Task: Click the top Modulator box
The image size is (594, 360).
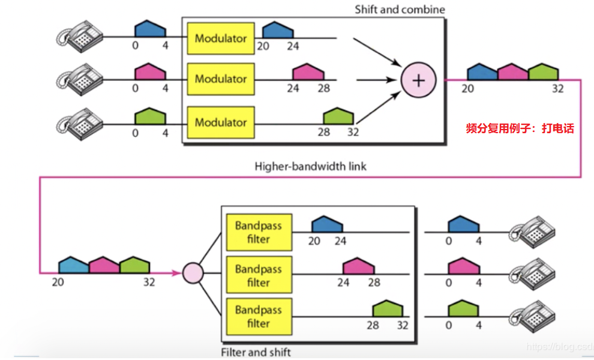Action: tap(221, 38)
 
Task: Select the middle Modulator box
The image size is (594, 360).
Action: tap(221, 79)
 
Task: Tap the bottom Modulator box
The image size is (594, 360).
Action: tap(221, 122)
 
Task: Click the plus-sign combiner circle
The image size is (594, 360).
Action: tap(419, 80)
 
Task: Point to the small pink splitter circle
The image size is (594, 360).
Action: tap(193, 273)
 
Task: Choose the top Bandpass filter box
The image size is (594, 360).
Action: tap(259, 232)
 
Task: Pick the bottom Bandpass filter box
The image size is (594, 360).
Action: tap(259, 316)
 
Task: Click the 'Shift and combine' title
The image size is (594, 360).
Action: tap(400, 10)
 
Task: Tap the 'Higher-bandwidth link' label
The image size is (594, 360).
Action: tap(310, 166)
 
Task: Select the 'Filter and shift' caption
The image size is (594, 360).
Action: tap(256, 352)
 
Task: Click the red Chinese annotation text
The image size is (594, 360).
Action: tap(520, 128)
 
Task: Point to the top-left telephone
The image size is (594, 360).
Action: tap(80, 37)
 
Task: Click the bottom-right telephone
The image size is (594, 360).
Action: tap(532, 317)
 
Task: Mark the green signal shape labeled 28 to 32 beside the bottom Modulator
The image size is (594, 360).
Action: tap(338, 116)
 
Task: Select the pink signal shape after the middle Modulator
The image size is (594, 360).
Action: tap(308, 72)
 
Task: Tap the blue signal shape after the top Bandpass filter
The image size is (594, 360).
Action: tap(328, 224)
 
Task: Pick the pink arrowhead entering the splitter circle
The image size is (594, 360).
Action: tap(176, 273)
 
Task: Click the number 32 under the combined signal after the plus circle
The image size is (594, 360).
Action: tap(557, 89)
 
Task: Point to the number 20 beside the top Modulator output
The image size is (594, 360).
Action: tap(263, 46)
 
